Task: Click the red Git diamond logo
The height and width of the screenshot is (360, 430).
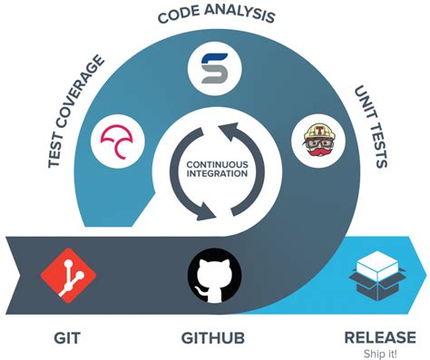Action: (65, 272)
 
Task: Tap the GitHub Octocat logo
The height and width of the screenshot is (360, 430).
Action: (214, 274)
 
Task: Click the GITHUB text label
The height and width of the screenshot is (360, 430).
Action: (214, 337)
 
